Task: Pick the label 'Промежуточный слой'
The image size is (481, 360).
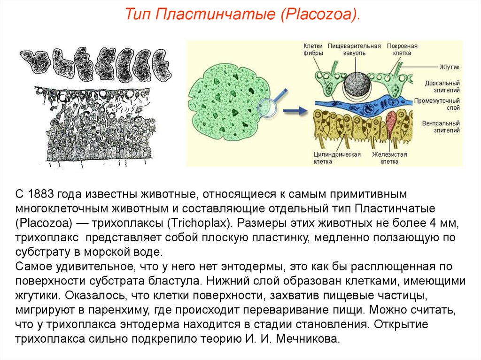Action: pyautogui.click(x=438, y=105)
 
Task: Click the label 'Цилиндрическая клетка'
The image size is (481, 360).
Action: pyautogui.click(x=332, y=158)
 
